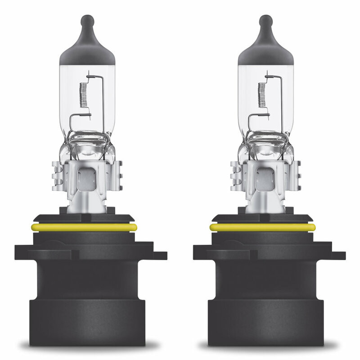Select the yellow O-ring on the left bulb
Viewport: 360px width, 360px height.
tap(84, 227)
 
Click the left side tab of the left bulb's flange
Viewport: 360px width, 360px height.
tap(22, 252)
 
